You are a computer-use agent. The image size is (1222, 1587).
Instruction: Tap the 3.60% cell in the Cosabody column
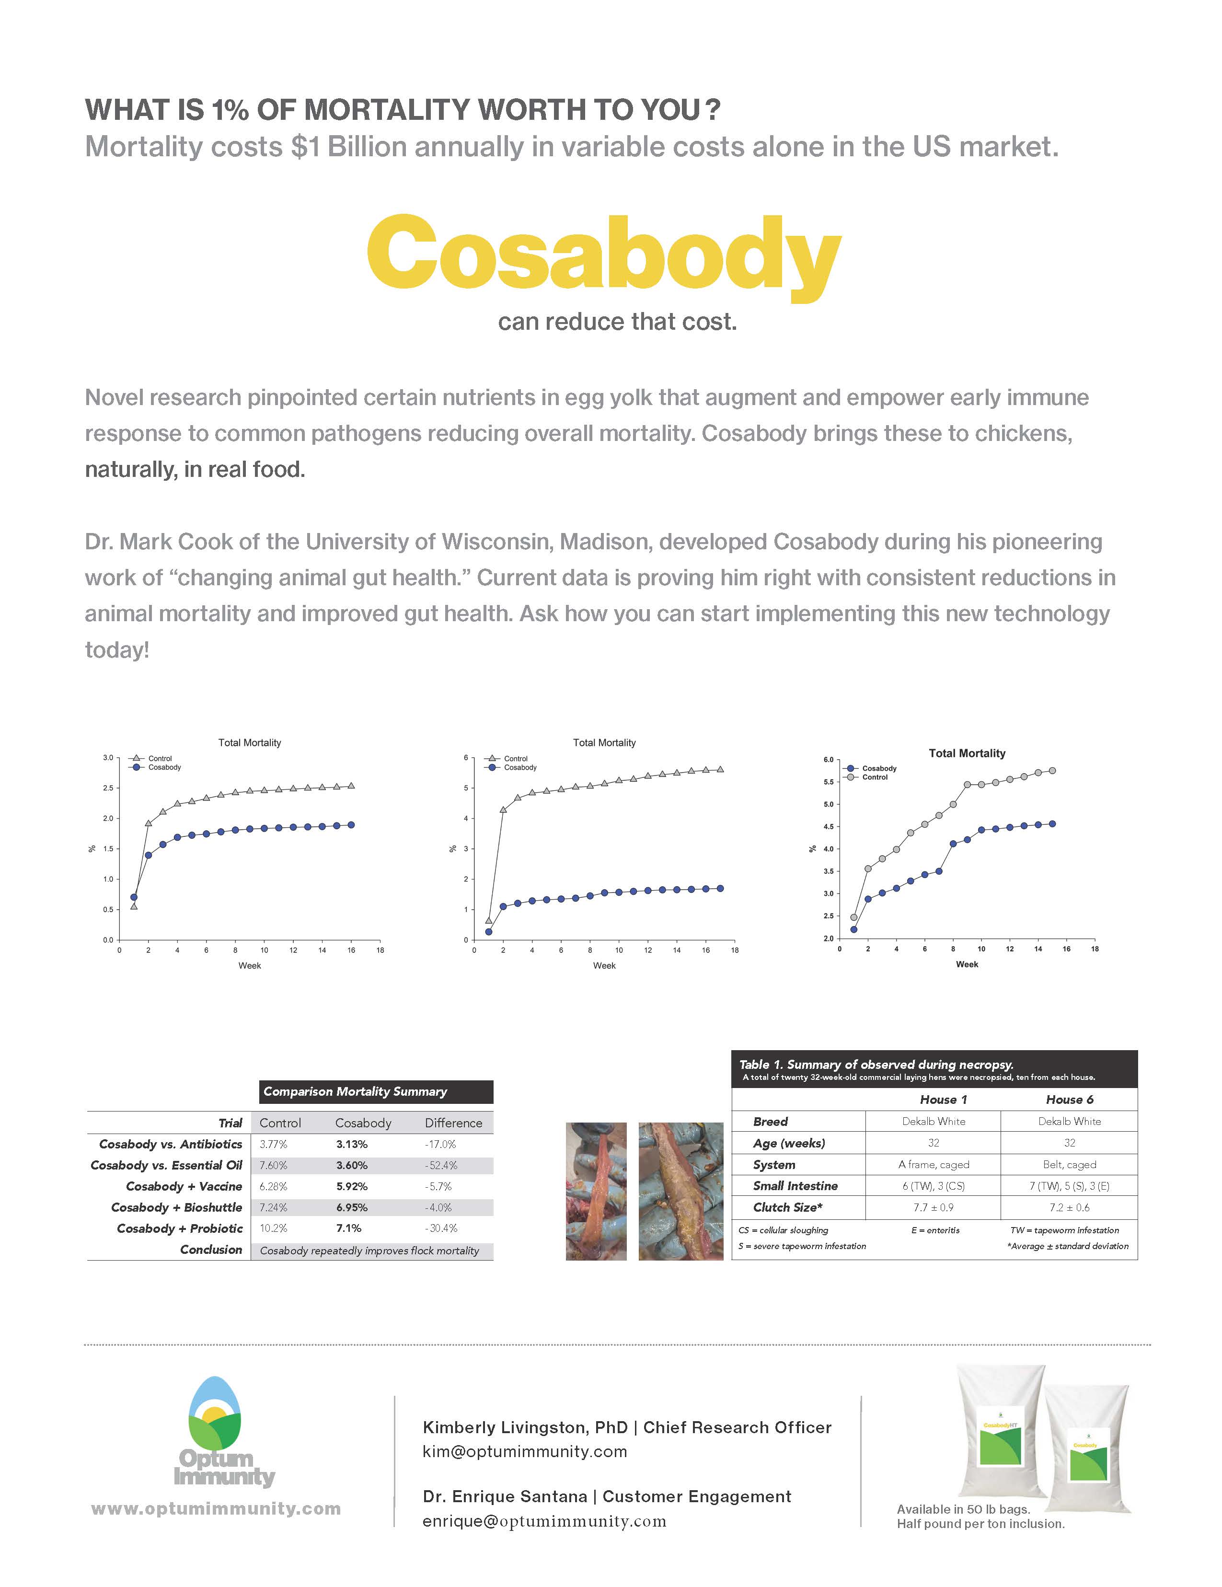coord(352,1165)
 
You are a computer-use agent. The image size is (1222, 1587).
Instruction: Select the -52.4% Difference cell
coord(440,1165)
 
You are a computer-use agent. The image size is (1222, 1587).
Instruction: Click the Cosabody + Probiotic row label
coord(179,1228)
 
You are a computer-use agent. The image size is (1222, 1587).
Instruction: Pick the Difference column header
coord(453,1123)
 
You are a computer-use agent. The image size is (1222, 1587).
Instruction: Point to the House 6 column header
coord(1070,1100)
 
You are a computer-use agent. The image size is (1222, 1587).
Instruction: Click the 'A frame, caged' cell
coord(934,1164)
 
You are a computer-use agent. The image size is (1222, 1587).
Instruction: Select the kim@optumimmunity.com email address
coord(525,1451)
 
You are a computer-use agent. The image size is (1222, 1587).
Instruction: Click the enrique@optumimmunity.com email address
coord(544,1521)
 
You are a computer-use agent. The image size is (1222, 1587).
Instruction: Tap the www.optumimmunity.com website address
coord(216,1508)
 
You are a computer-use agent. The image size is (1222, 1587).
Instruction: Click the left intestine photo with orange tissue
coord(596,1191)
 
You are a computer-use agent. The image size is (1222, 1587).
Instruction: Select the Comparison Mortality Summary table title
coord(355,1091)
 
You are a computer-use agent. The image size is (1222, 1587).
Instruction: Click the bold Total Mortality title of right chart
coord(966,753)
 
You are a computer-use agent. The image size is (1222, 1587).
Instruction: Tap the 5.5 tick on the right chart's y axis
coord(828,782)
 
